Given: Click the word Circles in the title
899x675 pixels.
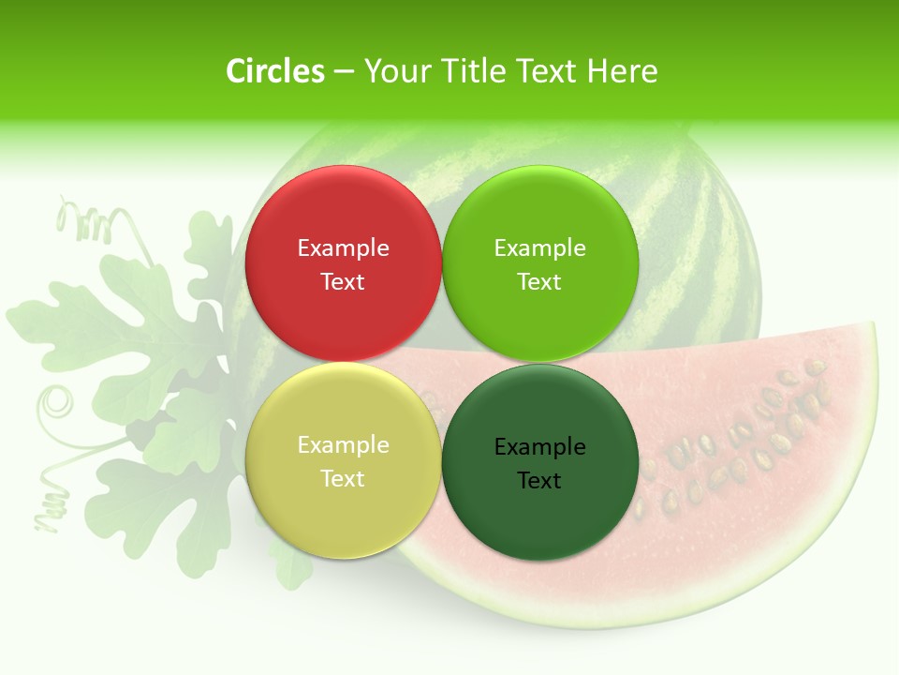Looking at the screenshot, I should click(275, 71).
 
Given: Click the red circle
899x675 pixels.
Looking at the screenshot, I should click(343, 216).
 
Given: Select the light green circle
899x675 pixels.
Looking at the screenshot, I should click(540, 216).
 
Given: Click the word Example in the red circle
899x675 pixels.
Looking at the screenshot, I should click(343, 248).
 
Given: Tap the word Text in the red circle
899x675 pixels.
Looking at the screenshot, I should click(343, 282).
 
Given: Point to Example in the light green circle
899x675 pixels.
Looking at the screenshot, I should click(540, 248).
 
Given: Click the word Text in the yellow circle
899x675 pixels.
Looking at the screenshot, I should click(343, 479).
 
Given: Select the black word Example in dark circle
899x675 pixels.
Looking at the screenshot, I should click(540, 447).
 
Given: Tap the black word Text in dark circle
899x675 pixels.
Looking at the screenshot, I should click(540, 481).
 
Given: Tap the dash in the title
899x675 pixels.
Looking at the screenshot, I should click(344, 72).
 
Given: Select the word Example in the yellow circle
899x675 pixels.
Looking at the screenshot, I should click(343, 445).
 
